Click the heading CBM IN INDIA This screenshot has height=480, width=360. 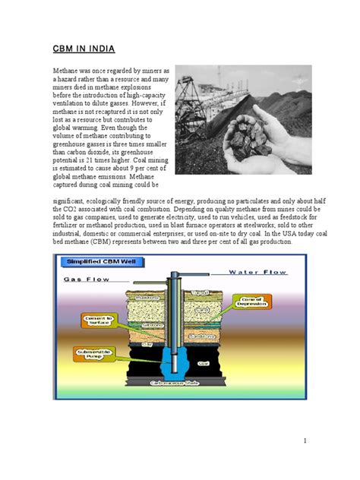click(84, 50)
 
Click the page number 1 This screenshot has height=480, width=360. click(302, 441)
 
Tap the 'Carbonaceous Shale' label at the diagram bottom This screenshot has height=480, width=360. click(175, 384)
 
